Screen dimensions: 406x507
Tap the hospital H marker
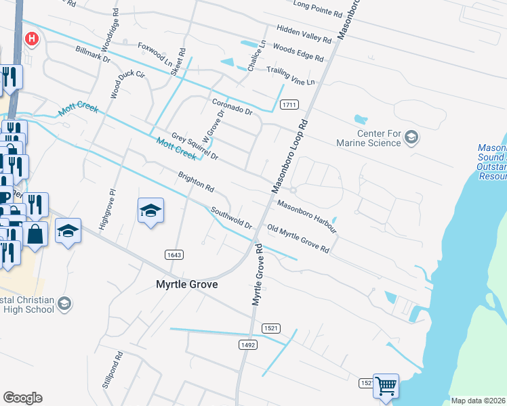(31, 39)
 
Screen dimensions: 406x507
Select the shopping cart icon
(386, 386)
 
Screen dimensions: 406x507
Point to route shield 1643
(173, 254)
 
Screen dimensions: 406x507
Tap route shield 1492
(248, 344)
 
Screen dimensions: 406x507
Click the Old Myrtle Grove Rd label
(298, 239)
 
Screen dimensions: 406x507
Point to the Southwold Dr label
(230, 217)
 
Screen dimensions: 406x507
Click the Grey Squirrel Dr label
(195, 146)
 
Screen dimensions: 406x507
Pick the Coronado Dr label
(232, 106)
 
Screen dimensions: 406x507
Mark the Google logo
(22, 398)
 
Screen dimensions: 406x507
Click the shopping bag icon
(35, 234)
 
